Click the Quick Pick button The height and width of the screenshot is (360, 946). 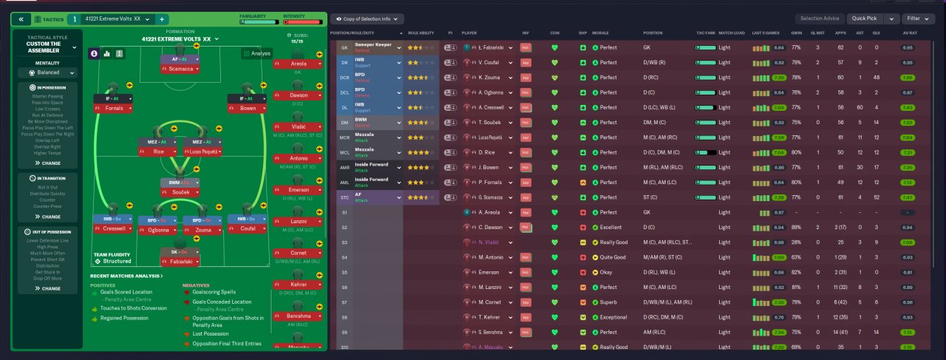(864, 18)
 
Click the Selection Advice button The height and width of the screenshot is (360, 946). (820, 18)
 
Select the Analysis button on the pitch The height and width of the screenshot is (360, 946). (257, 53)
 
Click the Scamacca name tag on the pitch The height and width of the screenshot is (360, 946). (174, 68)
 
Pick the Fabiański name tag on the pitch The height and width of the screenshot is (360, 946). (174, 261)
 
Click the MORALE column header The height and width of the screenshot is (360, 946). (601, 33)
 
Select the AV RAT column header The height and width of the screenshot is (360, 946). (910, 33)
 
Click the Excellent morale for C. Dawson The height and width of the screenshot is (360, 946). (610, 227)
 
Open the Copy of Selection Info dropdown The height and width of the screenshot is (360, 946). (368, 18)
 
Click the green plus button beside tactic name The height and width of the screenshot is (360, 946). (162, 18)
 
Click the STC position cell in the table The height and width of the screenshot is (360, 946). (344, 197)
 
